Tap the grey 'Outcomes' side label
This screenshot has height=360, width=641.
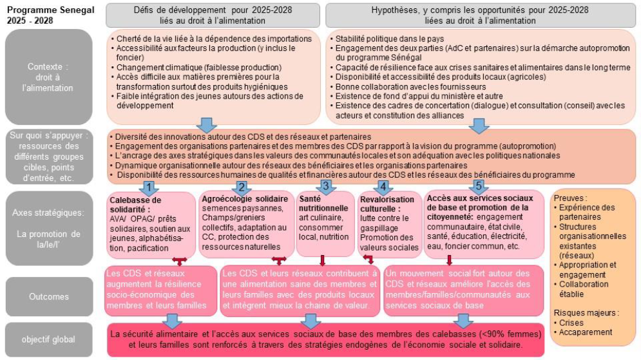tap(49, 297)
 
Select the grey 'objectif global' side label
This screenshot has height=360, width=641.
tap(49, 339)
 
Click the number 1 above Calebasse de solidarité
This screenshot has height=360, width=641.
tap(149, 187)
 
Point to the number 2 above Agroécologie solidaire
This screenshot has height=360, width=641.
tap(242, 187)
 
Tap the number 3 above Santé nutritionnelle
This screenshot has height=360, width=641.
tap(326, 187)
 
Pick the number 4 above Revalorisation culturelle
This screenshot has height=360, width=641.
tap(383, 187)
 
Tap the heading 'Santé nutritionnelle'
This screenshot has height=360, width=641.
tap(323, 204)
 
